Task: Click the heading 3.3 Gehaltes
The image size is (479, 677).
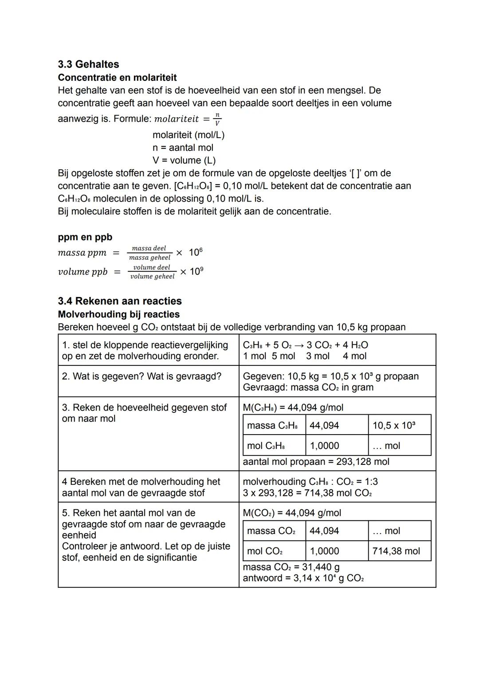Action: (88, 64)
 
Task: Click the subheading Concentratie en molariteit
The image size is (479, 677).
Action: (117, 78)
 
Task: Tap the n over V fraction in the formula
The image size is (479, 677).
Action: (217, 119)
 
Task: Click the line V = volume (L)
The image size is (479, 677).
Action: (184, 160)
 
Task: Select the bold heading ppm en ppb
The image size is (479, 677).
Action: (85, 237)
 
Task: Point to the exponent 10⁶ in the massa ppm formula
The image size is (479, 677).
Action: (196, 252)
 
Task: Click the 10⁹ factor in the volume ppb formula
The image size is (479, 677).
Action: (197, 271)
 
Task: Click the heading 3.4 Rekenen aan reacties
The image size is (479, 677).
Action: (120, 301)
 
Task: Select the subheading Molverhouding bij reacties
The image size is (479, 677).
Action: (118, 314)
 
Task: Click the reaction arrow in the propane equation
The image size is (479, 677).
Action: (300, 345)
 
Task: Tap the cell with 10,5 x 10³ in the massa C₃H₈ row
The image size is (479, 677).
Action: (394, 425)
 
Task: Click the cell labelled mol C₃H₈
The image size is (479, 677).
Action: (266, 446)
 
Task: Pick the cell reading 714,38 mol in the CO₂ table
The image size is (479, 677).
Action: (396, 551)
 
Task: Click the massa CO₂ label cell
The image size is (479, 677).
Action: (271, 531)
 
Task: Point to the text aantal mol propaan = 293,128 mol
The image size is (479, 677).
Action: (316, 462)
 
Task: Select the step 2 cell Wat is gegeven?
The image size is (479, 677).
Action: (141, 376)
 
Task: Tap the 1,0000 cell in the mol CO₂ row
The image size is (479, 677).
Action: (324, 551)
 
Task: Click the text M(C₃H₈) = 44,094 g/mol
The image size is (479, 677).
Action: (293, 408)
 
